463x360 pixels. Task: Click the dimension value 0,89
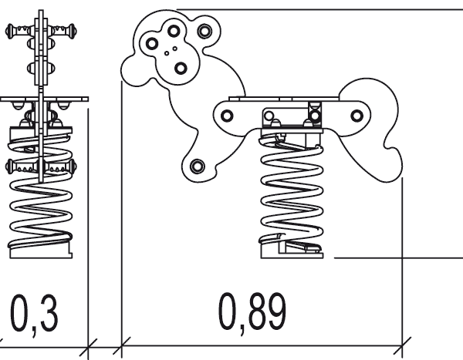point(252,312)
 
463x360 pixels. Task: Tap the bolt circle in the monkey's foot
point(198,166)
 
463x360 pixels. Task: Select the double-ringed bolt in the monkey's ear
point(204,31)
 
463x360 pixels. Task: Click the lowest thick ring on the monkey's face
point(181,69)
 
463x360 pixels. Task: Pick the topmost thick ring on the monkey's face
point(174,31)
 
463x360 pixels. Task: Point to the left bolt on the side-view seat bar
point(226,116)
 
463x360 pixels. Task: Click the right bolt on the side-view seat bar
point(357,116)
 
